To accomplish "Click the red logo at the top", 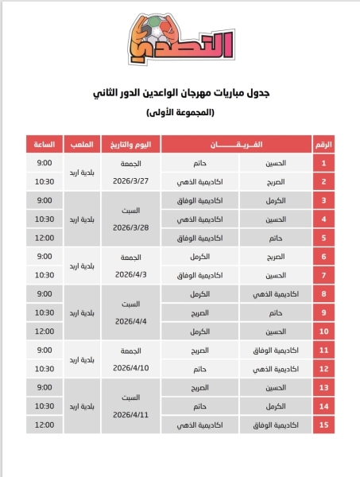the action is pyautogui.click(x=180, y=39).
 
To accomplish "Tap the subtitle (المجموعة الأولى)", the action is pyautogui.click(x=180, y=113).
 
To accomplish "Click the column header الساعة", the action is pyautogui.click(x=45, y=145).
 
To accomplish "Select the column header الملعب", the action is pyautogui.click(x=83, y=145).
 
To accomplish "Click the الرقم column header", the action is pyautogui.click(x=324, y=145).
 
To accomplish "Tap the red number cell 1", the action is pyautogui.click(x=324, y=163).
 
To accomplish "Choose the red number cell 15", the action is pyautogui.click(x=324, y=425).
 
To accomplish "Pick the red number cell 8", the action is pyautogui.click(x=324, y=294).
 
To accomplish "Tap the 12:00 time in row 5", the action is pyautogui.click(x=45, y=238).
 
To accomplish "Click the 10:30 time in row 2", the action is pyautogui.click(x=45, y=181).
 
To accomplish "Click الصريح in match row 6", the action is pyautogui.click(x=273, y=257).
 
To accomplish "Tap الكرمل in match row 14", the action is pyautogui.click(x=274, y=406).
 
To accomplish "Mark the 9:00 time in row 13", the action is pyautogui.click(x=45, y=388).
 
